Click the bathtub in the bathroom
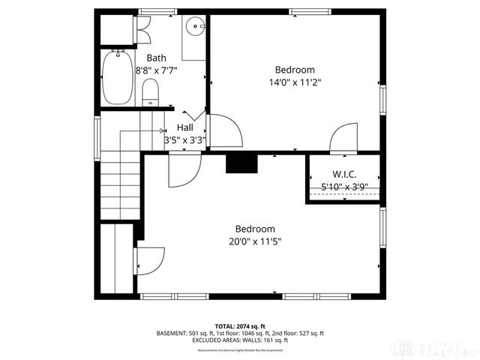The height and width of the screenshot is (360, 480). click(115, 78)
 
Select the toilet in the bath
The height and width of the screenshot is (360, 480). click(150, 92)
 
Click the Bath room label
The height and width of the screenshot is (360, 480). click(156, 58)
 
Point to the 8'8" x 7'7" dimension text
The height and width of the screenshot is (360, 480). click(156, 70)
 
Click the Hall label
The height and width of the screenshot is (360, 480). click(184, 127)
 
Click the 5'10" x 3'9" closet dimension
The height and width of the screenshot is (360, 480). click(344, 186)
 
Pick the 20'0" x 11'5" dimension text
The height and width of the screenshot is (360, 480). click(255, 241)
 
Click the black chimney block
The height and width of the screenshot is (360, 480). click(241, 164)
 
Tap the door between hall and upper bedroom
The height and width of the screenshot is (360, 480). click(225, 132)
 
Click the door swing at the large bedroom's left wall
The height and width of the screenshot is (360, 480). click(149, 262)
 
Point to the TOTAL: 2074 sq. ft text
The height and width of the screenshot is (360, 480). click(240, 325)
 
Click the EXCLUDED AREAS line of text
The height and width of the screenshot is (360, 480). click(240, 340)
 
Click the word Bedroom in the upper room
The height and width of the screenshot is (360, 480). click(294, 70)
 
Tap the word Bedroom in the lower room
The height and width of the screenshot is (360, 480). click(255, 229)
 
